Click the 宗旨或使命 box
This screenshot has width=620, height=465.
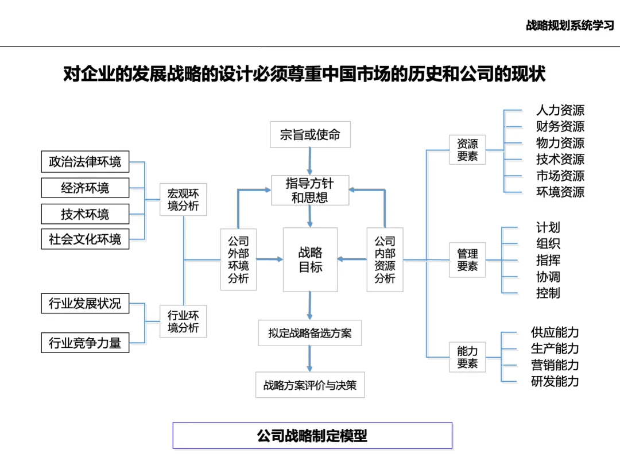pyautogui.click(x=310, y=135)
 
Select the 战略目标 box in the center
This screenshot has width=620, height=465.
pyautogui.click(x=310, y=259)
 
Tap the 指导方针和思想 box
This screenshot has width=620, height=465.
pyautogui.click(x=310, y=191)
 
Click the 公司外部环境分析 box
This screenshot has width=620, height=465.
pyautogui.click(x=238, y=259)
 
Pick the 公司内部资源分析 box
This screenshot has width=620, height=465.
pyautogui.click(x=385, y=259)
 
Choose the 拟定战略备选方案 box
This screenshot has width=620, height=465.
pyautogui.click(x=310, y=333)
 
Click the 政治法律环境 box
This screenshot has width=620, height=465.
pyautogui.click(x=85, y=162)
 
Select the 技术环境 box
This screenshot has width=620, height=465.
pyautogui.click(x=85, y=214)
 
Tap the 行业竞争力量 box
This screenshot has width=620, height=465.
pyautogui.click(x=85, y=343)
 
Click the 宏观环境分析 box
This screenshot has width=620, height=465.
pyautogui.click(x=183, y=200)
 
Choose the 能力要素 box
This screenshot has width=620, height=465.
pyautogui.click(x=467, y=357)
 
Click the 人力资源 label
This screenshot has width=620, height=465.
pyautogui.click(x=560, y=110)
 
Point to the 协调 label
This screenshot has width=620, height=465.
pyautogui.click(x=548, y=277)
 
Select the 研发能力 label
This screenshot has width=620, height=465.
pyautogui.click(x=555, y=381)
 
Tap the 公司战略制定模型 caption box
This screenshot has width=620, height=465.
pyautogui.click(x=312, y=436)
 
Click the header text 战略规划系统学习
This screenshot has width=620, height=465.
pyautogui.click(x=569, y=26)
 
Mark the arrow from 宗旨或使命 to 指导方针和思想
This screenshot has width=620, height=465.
pyautogui.click(x=310, y=161)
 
